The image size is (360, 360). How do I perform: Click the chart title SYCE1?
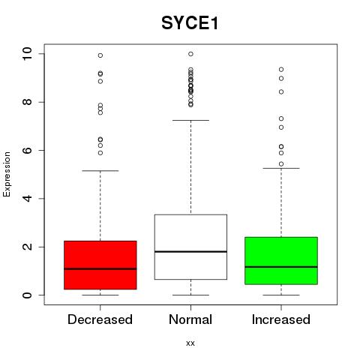(190, 23)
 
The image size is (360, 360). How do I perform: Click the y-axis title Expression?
(7, 174)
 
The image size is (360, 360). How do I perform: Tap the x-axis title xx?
(190, 343)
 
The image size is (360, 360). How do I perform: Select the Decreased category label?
(100, 319)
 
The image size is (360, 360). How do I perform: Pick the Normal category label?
(190, 319)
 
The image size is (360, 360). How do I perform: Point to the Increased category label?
(281, 319)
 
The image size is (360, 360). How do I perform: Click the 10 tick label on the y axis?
(27, 53)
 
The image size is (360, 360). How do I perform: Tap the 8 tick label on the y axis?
(27, 102)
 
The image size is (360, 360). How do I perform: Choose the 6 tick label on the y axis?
(27, 150)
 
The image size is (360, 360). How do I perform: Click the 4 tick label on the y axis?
(27, 199)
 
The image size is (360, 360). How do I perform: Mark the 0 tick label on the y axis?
(27, 295)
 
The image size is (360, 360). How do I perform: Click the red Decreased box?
(100, 265)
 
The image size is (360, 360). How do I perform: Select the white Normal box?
(190, 247)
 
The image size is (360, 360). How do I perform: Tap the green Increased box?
(281, 260)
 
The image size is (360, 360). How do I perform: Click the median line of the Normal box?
(190, 251)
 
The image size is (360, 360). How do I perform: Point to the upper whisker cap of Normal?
(190, 120)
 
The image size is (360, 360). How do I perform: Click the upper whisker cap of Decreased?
(100, 171)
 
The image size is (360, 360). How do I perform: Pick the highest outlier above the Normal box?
(190, 54)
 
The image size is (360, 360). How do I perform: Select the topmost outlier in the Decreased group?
(100, 55)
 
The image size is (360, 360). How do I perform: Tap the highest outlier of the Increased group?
(281, 69)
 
